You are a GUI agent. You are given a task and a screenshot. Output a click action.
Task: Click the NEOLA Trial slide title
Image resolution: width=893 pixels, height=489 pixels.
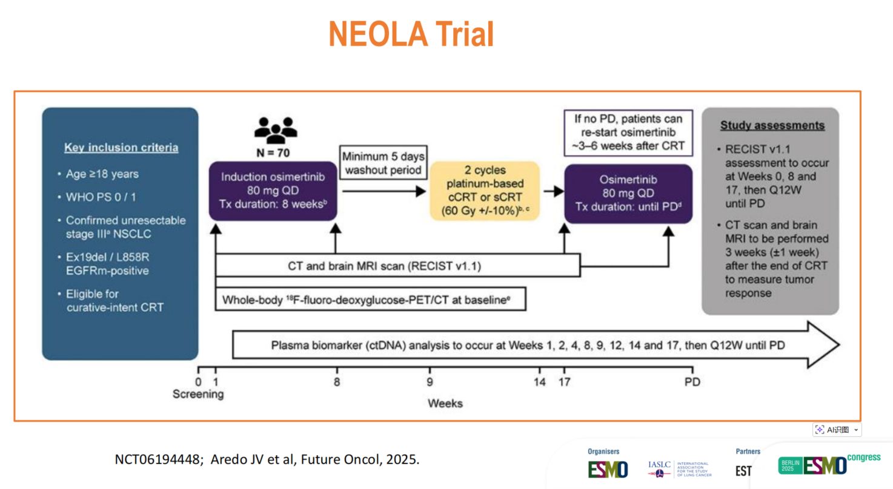411,34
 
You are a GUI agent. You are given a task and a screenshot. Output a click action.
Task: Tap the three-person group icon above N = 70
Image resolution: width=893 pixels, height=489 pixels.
276,126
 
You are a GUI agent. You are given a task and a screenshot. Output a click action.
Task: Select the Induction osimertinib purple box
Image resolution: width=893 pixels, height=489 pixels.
274,191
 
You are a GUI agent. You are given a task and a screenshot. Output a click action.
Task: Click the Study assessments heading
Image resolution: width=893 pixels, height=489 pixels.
772,126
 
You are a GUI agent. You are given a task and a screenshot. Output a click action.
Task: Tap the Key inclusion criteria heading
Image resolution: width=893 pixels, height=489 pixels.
121,148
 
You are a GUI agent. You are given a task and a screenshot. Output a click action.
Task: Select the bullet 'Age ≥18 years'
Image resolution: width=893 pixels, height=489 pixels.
102,174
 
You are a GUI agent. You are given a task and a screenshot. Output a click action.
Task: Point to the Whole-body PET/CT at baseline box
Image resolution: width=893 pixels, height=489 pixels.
370,300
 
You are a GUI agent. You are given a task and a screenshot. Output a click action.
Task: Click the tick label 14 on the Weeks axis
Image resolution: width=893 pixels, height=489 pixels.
539,382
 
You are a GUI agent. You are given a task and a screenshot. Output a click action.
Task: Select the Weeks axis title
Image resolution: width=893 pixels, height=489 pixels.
445,403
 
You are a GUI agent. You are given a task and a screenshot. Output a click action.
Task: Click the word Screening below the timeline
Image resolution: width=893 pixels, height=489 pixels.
198,395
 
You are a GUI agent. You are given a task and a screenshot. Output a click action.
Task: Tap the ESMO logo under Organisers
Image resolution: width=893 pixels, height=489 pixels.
608,469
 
